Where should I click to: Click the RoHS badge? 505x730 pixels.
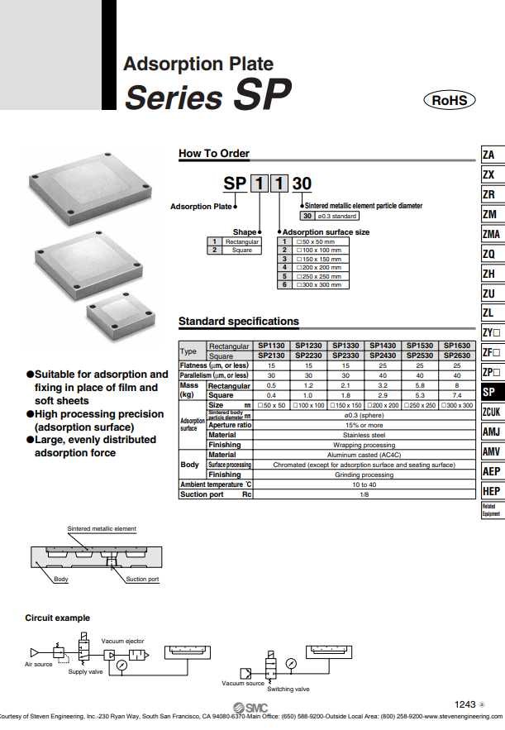[x=450, y=101]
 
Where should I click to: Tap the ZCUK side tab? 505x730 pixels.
[x=491, y=412]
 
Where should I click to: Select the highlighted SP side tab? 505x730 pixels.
[x=489, y=392]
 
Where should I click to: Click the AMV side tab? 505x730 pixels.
[x=490, y=451]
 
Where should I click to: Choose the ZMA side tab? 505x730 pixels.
[x=490, y=234]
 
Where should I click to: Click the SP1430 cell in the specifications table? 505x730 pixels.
[x=383, y=345]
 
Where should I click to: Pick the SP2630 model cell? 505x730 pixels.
[x=456, y=355]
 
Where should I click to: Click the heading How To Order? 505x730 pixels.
[x=214, y=153]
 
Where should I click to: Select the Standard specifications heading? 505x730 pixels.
[x=239, y=321]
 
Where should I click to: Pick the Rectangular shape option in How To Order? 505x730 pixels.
[x=242, y=241]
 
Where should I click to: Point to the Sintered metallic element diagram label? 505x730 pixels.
[x=102, y=528]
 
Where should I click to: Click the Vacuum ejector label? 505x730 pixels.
[x=122, y=641]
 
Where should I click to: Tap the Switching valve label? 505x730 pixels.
[x=288, y=689]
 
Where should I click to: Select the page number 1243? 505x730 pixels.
[x=465, y=704]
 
